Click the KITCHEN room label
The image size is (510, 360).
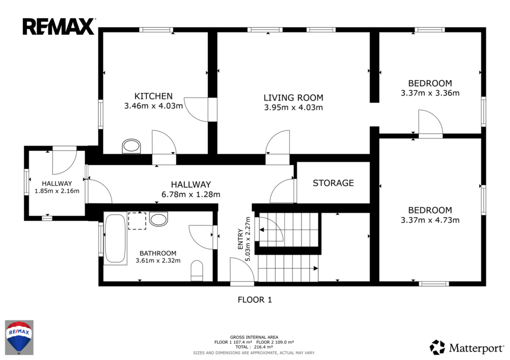pos(153,96)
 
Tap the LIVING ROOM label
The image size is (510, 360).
pos(293,98)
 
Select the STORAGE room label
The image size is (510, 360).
pos(333,183)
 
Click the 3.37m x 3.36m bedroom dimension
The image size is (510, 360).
pos(430,93)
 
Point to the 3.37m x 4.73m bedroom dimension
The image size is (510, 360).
pos(430,220)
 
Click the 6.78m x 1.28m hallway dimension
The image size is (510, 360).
pos(191,195)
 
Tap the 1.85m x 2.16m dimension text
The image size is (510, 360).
pos(57,191)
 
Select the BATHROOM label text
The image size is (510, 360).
pos(158,253)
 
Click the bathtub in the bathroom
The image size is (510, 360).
pos(115,239)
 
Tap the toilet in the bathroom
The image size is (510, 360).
pos(197,270)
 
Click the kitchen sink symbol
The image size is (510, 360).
pos(131,146)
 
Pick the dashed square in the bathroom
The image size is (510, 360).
pos(137,221)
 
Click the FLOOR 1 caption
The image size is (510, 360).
pos(255,300)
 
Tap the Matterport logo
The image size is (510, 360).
pos(466,348)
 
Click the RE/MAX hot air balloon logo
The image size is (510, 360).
pos(19,337)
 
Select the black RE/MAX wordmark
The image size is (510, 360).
pos(59,27)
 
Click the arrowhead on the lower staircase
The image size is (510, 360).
pos(315,268)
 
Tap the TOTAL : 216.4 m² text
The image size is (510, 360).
pos(254,347)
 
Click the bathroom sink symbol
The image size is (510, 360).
pos(159,219)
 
